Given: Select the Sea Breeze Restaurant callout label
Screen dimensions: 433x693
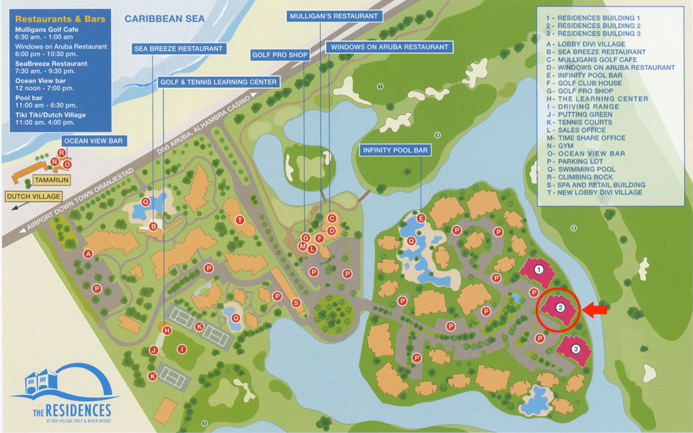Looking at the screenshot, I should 178,48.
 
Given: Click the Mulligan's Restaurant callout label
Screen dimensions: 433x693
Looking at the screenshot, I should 334,15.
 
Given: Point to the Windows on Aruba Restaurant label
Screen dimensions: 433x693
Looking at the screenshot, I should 388,47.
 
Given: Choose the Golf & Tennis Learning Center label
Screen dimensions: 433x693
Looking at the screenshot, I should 219,82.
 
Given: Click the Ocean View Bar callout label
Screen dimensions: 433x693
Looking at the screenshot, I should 92,141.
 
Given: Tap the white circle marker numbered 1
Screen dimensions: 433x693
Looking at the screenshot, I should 538,269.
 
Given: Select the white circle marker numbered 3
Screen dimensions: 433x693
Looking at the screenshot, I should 575,348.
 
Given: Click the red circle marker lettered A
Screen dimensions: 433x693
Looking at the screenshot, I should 88,254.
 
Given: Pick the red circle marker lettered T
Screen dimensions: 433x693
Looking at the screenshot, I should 240,220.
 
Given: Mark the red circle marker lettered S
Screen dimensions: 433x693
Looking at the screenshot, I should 295,303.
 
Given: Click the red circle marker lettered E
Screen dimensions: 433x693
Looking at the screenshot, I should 421,218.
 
